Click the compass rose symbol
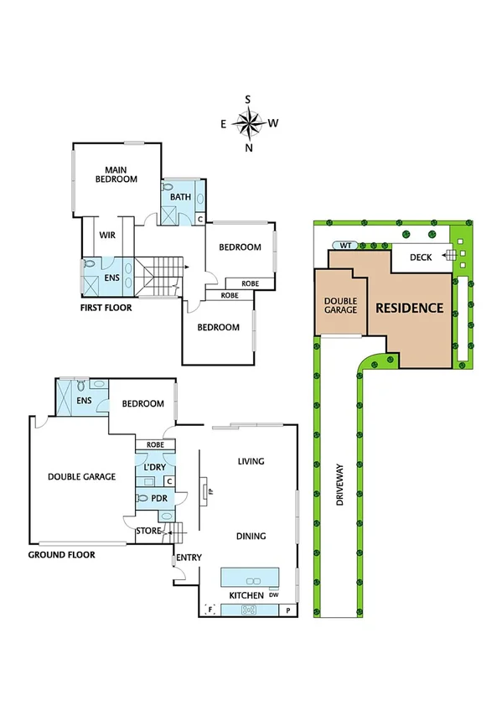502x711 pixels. [x=248, y=124]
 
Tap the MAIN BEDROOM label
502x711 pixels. [x=116, y=174]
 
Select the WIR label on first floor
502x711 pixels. [x=107, y=236]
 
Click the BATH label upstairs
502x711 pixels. [x=181, y=197]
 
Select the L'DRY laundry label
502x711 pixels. [x=153, y=465]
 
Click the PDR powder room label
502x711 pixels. [x=159, y=498]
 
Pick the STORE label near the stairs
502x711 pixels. [x=147, y=531]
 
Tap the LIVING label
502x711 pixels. [x=251, y=461]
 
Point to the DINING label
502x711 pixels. [x=251, y=537]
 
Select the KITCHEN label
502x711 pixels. [x=246, y=595]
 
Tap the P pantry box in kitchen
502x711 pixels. [x=289, y=610]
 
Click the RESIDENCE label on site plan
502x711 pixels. [x=409, y=308]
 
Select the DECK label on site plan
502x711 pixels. [x=421, y=257]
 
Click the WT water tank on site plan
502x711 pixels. [x=345, y=246]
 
